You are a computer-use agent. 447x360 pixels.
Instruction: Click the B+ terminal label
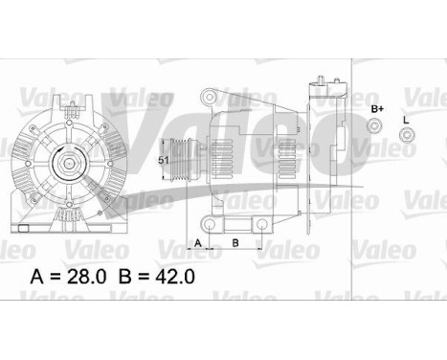(377, 111)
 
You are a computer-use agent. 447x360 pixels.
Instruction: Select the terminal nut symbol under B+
(377, 134)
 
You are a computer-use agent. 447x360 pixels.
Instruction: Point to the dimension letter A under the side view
(198, 242)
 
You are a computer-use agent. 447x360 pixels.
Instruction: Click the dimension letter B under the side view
(235, 242)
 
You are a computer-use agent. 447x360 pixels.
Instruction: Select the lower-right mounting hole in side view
(260, 223)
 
